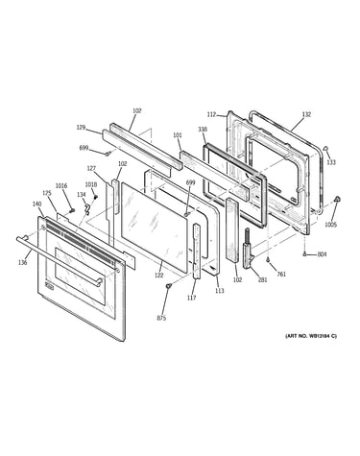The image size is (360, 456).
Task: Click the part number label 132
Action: click(306, 114)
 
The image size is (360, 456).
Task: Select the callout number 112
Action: click(211, 114)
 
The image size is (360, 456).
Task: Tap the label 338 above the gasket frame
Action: click(203, 130)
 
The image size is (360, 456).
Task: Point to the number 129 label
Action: click(81, 128)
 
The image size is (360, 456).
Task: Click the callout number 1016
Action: click(61, 186)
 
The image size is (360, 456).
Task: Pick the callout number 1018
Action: click(91, 184)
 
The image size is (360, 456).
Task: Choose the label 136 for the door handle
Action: click(22, 263)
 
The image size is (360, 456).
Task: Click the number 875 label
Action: click(161, 318)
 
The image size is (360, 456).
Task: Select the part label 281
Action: click(262, 280)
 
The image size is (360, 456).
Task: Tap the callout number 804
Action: click(322, 254)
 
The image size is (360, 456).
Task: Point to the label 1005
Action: click(331, 225)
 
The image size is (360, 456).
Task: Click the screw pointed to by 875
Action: click(168, 285)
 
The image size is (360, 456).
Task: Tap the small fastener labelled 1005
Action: click(336, 199)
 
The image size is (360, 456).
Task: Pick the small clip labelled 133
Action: click(326, 148)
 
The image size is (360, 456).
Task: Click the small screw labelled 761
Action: click(268, 260)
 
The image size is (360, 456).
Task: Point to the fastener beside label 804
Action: click(304, 254)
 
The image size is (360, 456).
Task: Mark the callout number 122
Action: click(158, 275)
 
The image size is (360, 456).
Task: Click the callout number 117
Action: click(191, 298)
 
